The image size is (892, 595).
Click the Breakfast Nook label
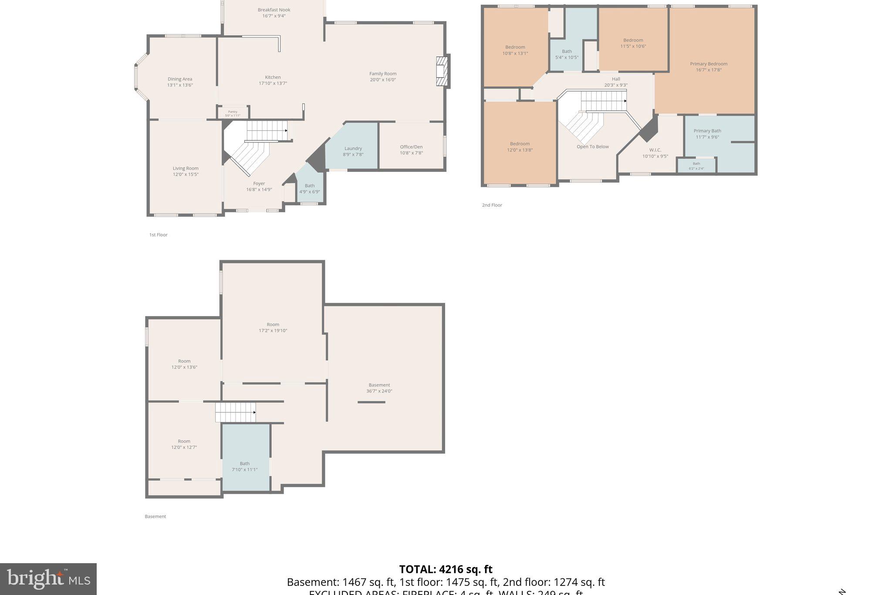click(x=274, y=10)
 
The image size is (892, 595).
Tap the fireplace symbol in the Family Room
click(x=443, y=71)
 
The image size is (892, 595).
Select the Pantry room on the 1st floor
click(x=233, y=113)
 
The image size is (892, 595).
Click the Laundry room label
click(x=353, y=149)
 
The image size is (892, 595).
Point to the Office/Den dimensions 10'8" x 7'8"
click(x=411, y=153)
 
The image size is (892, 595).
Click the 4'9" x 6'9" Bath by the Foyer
click(x=310, y=189)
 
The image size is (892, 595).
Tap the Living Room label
click(x=186, y=168)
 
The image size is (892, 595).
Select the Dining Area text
click(x=180, y=79)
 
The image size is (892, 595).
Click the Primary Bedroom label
click(x=708, y=64)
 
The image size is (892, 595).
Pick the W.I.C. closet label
click(x=655, y=150)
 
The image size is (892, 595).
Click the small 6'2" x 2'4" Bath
click(x=696, y=166)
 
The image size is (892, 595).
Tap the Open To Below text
click(x=592, y=147)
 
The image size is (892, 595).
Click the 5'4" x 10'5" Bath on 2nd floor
click(x=567, y=54)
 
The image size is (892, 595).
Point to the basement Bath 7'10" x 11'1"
click(x=244, y=466)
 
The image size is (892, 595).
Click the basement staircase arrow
click(x=254, y=412)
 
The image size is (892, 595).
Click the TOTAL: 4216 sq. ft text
click(x=446, y=569)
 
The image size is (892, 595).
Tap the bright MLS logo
click(x=48, y=579)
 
